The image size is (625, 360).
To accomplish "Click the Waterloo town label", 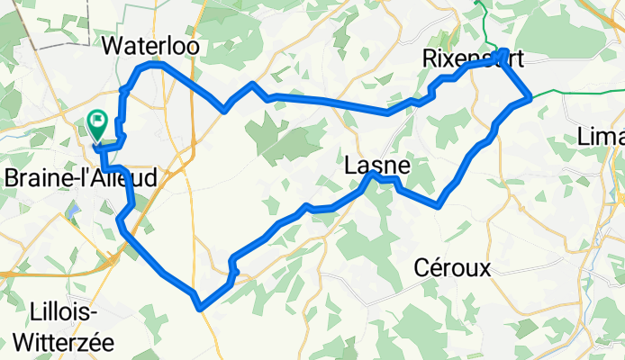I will (150, 45).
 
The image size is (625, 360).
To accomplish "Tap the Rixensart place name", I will (472, 58).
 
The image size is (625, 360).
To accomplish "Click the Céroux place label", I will (452, 267).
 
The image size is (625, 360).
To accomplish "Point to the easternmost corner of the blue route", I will (530, 98).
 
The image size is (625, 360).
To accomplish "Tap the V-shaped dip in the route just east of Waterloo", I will (223, 111).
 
